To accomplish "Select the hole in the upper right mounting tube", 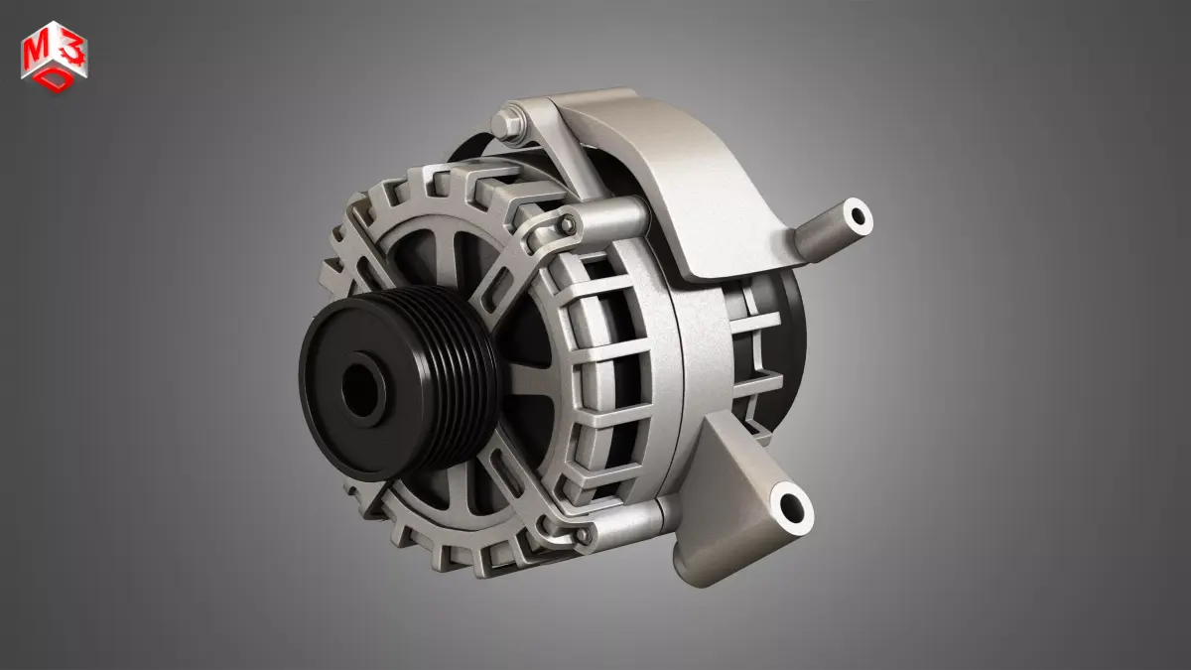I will [x=856, y=214].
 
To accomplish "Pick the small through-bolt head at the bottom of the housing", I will [x=585, y=535].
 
